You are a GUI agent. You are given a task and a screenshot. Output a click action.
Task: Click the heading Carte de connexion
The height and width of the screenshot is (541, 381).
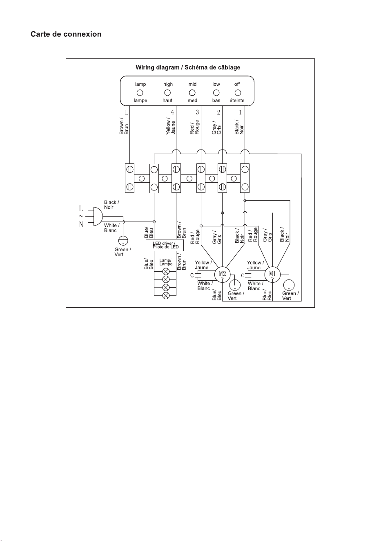[66, 34]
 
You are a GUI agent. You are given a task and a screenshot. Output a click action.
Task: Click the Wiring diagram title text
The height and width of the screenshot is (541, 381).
[188, 67]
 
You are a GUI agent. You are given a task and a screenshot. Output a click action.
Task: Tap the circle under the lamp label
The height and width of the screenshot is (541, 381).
[140, 93]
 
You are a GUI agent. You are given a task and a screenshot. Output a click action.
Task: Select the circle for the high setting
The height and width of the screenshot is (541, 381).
[167, 93]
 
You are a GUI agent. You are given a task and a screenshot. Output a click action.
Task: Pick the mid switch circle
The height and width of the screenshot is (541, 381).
[192, 93]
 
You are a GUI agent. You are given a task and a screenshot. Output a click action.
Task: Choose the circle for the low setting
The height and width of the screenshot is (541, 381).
[216, 93]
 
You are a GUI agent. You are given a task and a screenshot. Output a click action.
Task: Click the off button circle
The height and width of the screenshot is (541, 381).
[238, 93]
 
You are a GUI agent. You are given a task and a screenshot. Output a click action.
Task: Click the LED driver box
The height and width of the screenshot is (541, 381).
[165, 245]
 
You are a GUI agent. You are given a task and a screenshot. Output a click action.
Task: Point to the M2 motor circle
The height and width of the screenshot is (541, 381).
[223, 275]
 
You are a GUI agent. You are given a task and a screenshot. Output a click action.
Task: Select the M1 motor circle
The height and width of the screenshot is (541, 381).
[272, 275]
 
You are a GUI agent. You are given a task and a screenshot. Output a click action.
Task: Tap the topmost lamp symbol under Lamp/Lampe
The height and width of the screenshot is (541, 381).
[166, 271]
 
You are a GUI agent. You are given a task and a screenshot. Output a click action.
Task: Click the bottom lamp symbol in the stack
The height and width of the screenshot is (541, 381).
[166, 295]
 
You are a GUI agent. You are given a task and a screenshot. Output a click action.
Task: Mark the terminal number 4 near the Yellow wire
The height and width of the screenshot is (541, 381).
[172, 112]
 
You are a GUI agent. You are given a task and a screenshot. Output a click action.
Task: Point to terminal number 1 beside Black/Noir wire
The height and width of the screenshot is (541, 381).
[240, 112]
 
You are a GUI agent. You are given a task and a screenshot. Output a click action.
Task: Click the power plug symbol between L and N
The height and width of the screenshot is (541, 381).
[98, 216]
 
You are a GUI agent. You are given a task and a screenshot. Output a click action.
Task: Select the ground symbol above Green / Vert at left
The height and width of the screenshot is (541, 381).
[123, 241]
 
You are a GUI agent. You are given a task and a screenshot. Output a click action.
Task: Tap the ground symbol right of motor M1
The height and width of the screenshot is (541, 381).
[289, 285]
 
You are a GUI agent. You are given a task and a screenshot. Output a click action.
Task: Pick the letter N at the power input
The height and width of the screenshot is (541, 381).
[81, 225]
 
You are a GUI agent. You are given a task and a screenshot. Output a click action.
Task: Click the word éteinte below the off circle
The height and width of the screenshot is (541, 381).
[237, 101]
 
